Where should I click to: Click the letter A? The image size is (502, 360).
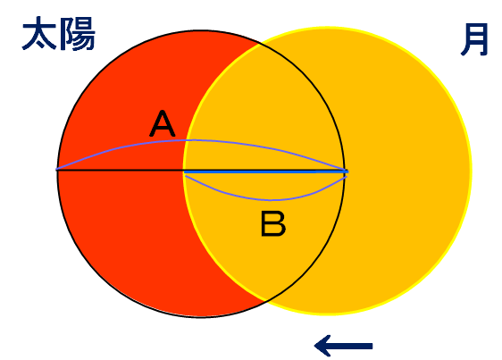(163, 123)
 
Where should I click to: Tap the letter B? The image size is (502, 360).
(273, 223)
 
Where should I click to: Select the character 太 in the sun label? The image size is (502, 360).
(39, 33)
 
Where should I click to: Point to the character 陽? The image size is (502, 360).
(77, 34)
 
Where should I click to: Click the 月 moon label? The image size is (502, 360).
(474, 39)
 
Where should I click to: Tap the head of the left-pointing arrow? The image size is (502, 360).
(315, 346)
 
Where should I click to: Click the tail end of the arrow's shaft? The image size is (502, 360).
(372, 346)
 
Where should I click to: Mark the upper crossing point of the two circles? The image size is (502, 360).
(259, 44)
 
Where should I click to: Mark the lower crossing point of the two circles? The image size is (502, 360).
(265, 300)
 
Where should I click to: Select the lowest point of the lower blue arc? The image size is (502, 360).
(271, 200)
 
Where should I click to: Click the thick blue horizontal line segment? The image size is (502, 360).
(265, 172)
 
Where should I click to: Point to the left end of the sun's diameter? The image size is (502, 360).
(57, 170)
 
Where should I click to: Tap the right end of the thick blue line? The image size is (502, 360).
(347, 172)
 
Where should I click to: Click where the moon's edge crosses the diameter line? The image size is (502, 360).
(184, 170)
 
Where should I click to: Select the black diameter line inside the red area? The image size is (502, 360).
(121, 170)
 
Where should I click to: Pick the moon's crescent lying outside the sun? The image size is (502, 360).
(406, 170)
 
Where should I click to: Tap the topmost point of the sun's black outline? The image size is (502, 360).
(201, 30)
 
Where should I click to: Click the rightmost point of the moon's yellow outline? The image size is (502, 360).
(471, 171)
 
